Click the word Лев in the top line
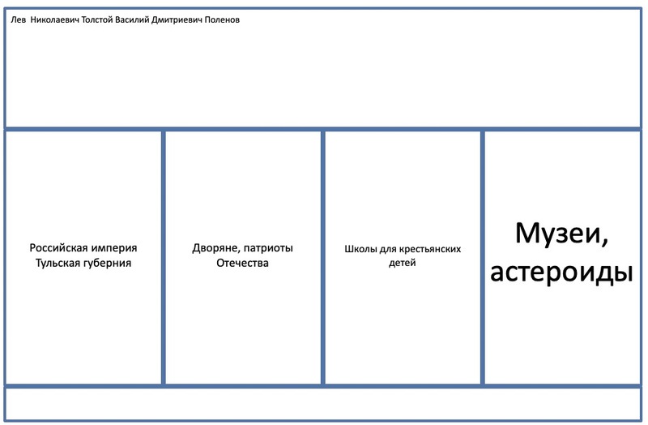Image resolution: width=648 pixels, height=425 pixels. click(x=18, y=19)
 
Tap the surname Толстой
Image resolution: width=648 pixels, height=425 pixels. click(x=97, y=19)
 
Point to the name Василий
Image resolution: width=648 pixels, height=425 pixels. click(x=132, y=19)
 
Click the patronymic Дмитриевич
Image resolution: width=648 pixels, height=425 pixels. click(x=177, y=20)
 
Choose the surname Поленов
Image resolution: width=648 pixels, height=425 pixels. click(x=222, y=19)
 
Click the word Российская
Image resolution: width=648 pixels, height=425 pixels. click(x=58, y=248)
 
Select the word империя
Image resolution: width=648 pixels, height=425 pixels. click(x=114, y=249)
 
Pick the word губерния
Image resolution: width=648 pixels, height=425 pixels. click(x=107, y=264)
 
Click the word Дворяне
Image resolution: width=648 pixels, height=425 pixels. click(x=215, y=248)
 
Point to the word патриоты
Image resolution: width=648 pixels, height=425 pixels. click(x=268, y=248)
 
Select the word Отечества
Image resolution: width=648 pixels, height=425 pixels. click(x=242, y=264)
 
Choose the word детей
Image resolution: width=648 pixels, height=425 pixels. click(x=402, y=263)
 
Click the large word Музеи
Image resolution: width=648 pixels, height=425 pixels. click(x=561, y=234)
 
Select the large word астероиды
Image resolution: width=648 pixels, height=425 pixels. click(x=561, y=273)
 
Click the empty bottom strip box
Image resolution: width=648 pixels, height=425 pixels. click(x=323, y=404)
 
